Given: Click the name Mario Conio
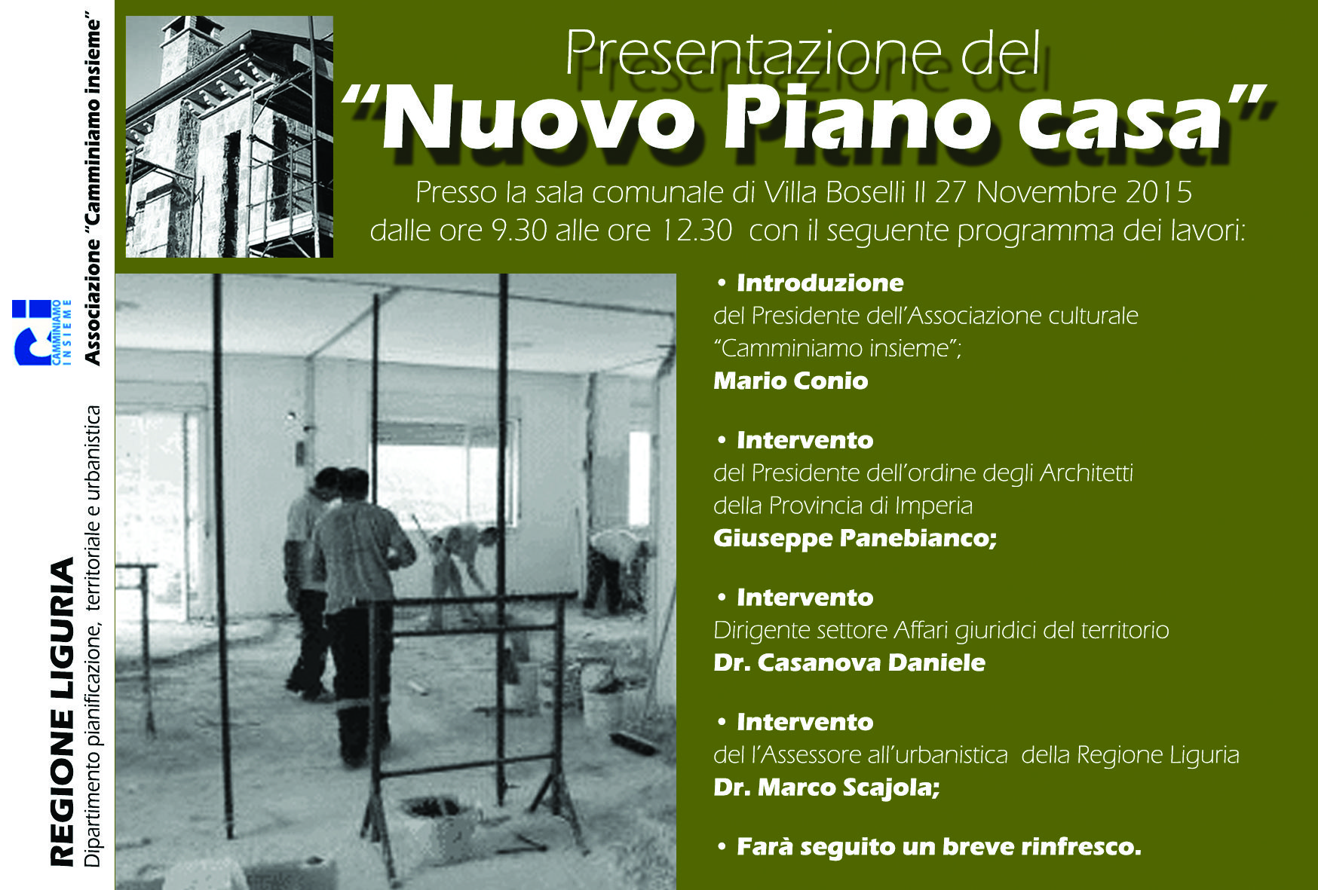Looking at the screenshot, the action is pyautogui.click(x=790, y=381).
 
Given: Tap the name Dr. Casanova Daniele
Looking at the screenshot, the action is pyautogui.click(x=849, y=662).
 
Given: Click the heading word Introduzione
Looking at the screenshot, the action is pyautogui.click(x=820, y=283).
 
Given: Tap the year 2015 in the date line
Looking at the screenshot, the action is pyautogui.click(x=1159, y=192).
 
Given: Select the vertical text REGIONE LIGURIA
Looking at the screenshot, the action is pyautogui.click(x=63, y=711).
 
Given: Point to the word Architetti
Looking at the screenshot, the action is pyautogui.click(x=1087, y=473).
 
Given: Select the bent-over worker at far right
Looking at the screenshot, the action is pyautogui.click(x=616, y=569).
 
